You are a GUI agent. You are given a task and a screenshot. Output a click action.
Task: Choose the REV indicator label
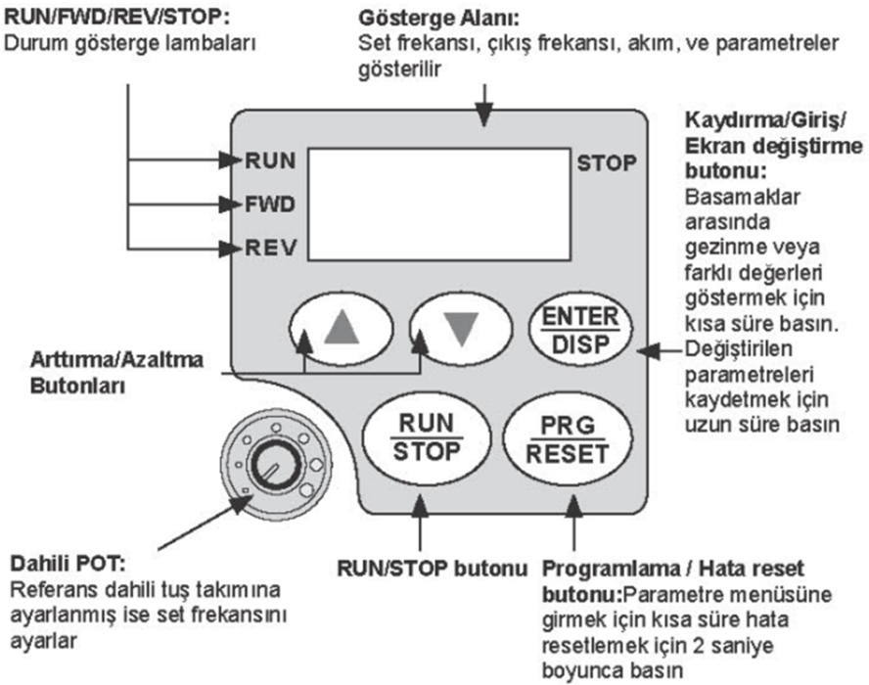point(270,245)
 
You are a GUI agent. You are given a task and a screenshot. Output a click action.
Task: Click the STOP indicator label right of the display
point(606,161)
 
